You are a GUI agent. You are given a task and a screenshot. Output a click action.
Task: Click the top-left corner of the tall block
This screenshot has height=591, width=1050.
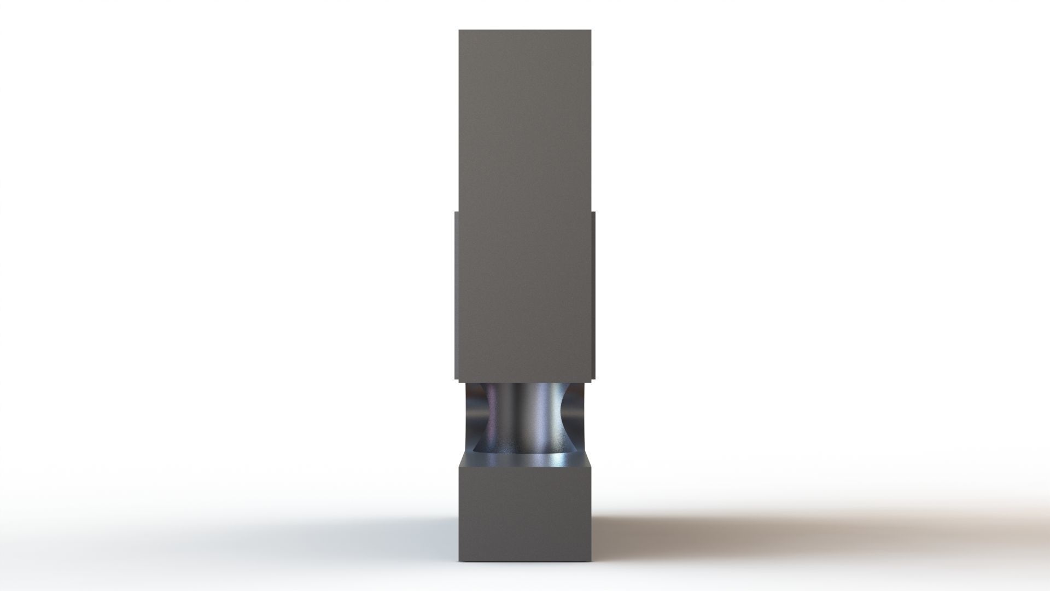[x=459, y=31]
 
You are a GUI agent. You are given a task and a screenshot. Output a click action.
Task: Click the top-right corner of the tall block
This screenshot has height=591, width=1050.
[x=590, y=31]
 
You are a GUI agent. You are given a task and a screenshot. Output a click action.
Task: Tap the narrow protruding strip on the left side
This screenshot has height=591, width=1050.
[x=456, y=296]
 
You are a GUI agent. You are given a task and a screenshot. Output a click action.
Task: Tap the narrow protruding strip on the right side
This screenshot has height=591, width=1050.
[x=593, y=296]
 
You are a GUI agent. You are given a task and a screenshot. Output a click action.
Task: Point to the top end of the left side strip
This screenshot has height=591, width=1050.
[x=456, y=212]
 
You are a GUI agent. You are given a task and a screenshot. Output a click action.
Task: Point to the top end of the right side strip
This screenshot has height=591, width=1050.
[x=593, y=211]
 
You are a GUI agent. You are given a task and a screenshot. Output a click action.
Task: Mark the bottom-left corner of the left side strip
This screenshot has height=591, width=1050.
[x=454, y=379]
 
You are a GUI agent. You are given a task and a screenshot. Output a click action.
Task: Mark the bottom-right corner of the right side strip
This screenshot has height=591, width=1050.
[x=595, y=379]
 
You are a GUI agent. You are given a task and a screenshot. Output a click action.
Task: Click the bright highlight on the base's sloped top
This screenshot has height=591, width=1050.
[x=563, y=459]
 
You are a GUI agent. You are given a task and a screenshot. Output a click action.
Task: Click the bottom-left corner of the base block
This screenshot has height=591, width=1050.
[x=459, y=561]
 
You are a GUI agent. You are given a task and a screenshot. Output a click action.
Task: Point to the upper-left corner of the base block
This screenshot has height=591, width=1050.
[x=459, y=453]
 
